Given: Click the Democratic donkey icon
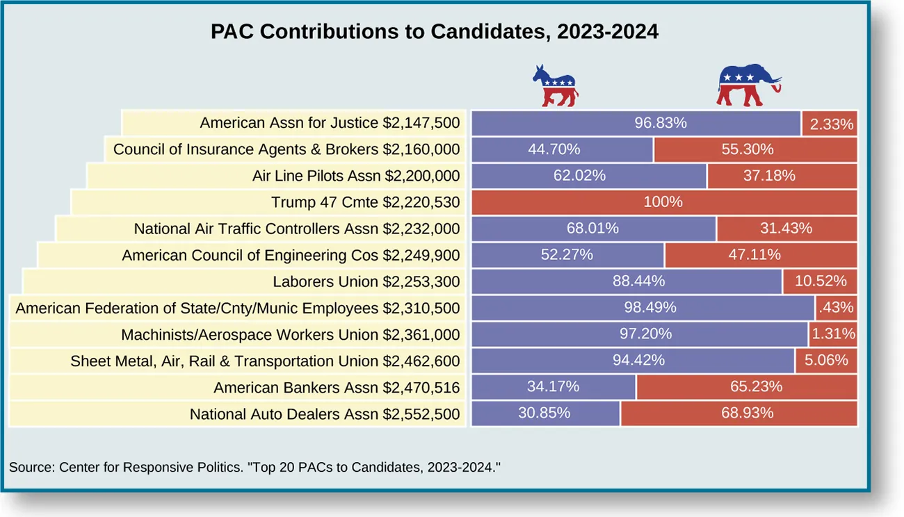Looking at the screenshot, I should coord(555,85).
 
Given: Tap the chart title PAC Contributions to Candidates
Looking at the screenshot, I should coord(435,32).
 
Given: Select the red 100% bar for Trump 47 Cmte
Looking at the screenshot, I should coord(664,202).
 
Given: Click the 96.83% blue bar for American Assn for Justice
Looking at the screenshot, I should coord(636,123).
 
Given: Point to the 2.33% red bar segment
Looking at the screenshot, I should coord(830,124).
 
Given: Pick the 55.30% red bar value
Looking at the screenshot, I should coord(755,149).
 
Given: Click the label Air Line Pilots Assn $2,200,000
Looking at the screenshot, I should coord(355,176).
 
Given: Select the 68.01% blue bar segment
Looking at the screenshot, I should coord(593,229).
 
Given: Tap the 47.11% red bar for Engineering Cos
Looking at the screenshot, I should coord(761,255).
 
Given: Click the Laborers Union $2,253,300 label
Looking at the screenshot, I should coord(366,281).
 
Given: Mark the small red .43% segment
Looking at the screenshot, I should coord(836,308).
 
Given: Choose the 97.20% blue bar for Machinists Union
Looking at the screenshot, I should coord(640,334).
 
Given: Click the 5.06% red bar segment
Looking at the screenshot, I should coord(826,361).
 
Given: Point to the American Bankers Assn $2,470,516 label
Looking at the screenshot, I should coord(337,387).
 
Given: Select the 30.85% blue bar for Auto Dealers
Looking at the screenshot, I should coord(545,413).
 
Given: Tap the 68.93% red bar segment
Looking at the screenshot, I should coord(738,413).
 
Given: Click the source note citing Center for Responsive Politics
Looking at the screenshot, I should coord(255,467).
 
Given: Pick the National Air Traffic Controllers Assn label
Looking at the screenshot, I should coord(297,229).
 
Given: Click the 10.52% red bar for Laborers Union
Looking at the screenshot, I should coord(820,281).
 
